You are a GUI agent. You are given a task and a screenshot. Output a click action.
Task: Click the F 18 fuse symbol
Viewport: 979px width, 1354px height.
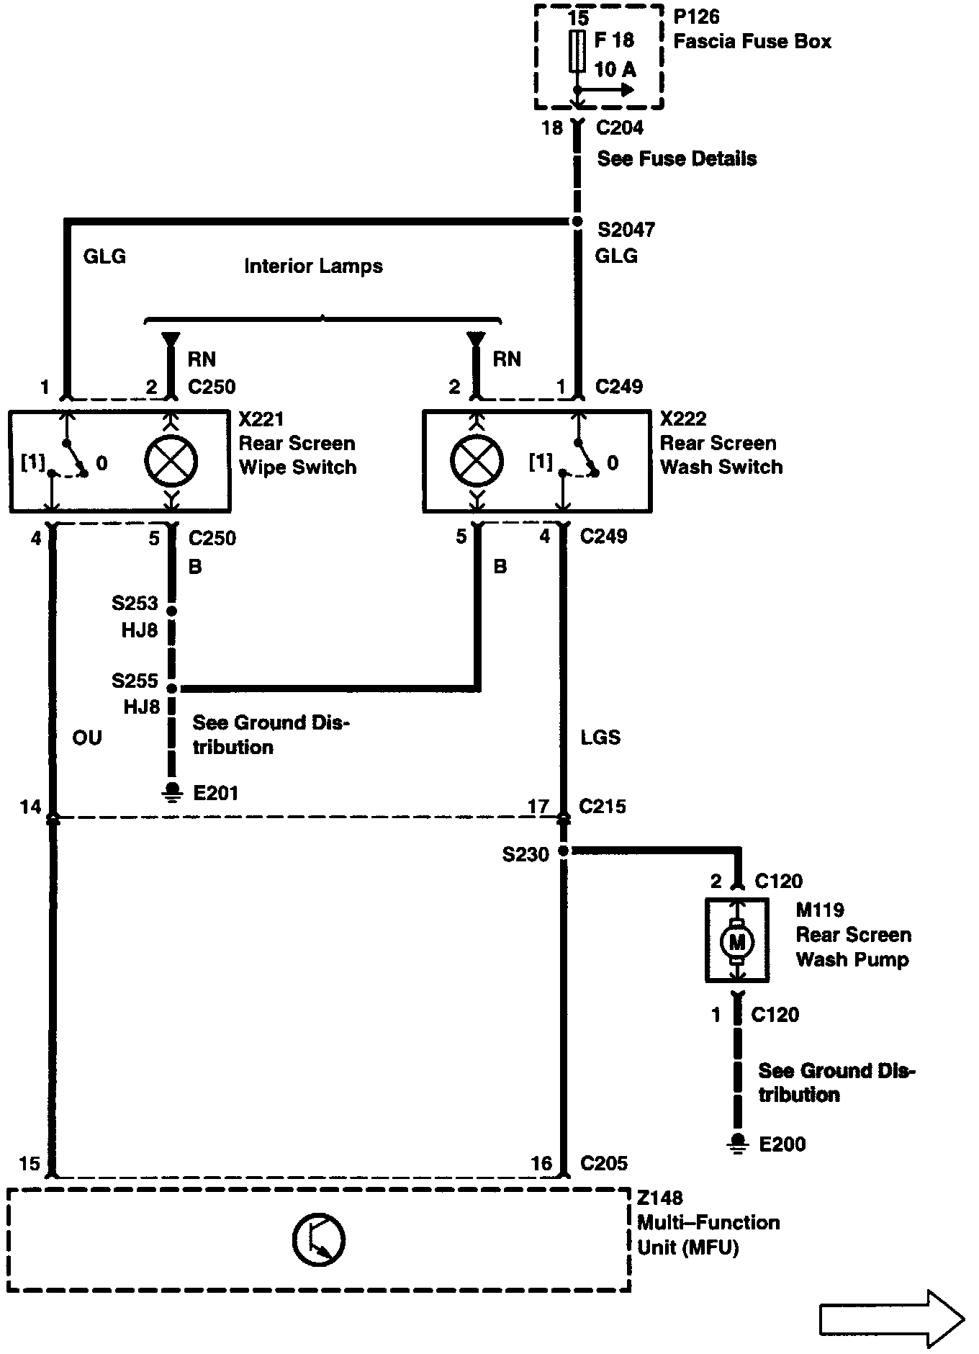coord(577,51)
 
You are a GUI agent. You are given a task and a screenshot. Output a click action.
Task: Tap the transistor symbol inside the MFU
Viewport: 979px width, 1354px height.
coord(319,1239)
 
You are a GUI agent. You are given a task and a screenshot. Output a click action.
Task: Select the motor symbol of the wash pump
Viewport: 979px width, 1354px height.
coord(736,941)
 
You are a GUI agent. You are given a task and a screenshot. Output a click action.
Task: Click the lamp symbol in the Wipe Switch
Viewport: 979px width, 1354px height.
coord(171,461)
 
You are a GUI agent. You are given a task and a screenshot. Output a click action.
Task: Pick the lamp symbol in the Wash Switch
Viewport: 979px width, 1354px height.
coord(477,461)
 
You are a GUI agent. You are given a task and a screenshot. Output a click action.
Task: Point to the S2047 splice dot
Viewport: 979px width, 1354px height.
coord(577,222)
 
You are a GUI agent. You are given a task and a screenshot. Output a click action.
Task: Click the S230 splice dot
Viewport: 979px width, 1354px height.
coord(564,851)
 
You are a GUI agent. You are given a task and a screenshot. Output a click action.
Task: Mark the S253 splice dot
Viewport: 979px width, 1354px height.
coord(171,611)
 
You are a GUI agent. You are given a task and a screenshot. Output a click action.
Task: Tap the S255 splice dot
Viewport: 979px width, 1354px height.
coord(171,689)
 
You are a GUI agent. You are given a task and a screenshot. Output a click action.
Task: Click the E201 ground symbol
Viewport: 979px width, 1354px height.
coord(171,791)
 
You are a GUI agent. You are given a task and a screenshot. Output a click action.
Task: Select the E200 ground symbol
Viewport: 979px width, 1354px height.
coord(737,1143)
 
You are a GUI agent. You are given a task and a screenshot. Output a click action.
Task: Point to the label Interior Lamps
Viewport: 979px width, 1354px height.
coord(313,266)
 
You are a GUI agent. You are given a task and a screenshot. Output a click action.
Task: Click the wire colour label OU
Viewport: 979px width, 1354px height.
coord(87,737)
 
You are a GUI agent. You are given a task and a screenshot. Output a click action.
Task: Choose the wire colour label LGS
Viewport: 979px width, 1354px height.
coord(600,737)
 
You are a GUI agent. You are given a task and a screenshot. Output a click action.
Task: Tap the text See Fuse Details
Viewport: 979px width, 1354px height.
coord(677,158)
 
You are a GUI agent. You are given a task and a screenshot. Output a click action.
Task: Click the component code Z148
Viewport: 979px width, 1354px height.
coord(660,1198)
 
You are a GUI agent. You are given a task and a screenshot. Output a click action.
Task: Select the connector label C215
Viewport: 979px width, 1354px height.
coord(603,806)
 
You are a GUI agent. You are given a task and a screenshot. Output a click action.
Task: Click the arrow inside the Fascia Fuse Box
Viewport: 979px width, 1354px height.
coord(608,90)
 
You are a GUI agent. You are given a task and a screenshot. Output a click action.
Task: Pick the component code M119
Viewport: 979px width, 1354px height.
coord(820,910)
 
